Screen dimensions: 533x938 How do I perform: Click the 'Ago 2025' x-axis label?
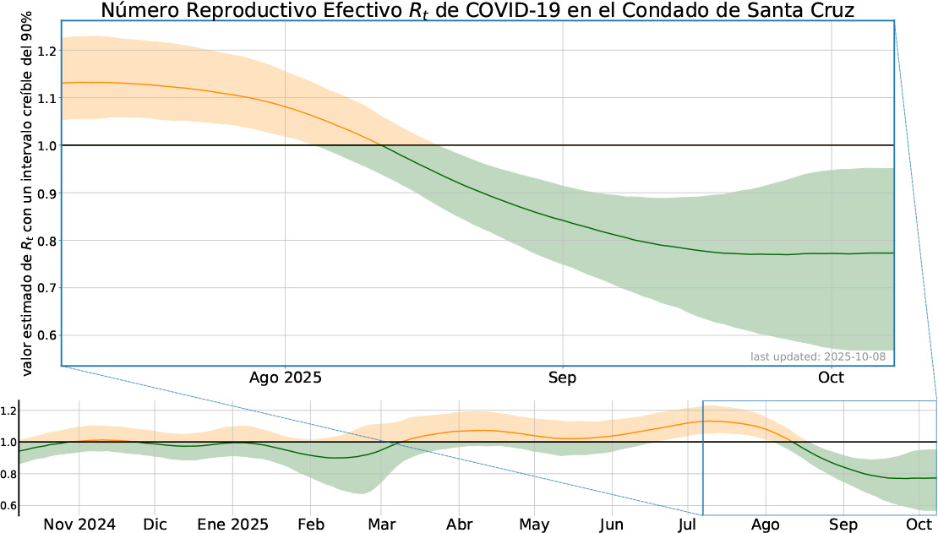coord(286,378)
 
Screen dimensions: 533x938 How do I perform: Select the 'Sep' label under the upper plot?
coord(562,378)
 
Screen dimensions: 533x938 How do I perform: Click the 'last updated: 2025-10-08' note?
coord(818,356)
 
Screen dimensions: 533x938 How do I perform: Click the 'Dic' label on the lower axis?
coord(155,524)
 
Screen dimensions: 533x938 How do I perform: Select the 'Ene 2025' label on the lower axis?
coord(232,524)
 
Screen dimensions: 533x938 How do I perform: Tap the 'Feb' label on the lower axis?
coord(312,524)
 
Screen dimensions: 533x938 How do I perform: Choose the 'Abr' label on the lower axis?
coord(460,524)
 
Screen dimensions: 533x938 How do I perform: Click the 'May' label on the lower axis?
coord(534,524)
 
